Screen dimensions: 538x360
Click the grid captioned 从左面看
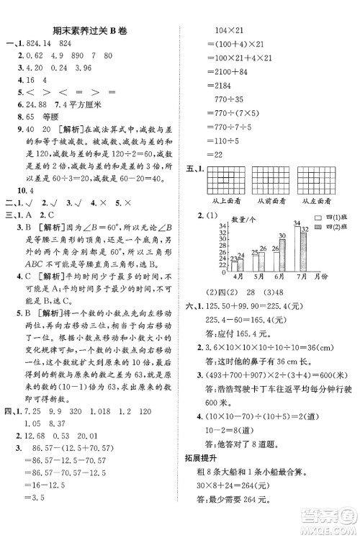(x=320, y=186)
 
